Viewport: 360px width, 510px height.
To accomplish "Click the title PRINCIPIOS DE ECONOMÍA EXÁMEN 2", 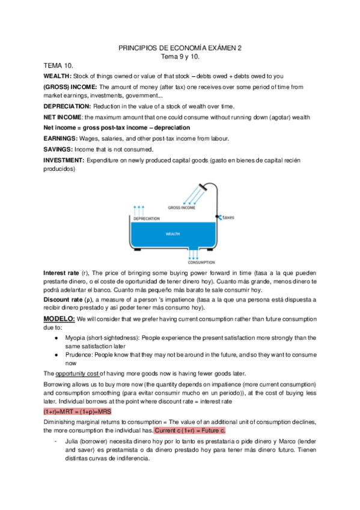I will click(180, 47).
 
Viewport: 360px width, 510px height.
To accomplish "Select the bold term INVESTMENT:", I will click(64, 160).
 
